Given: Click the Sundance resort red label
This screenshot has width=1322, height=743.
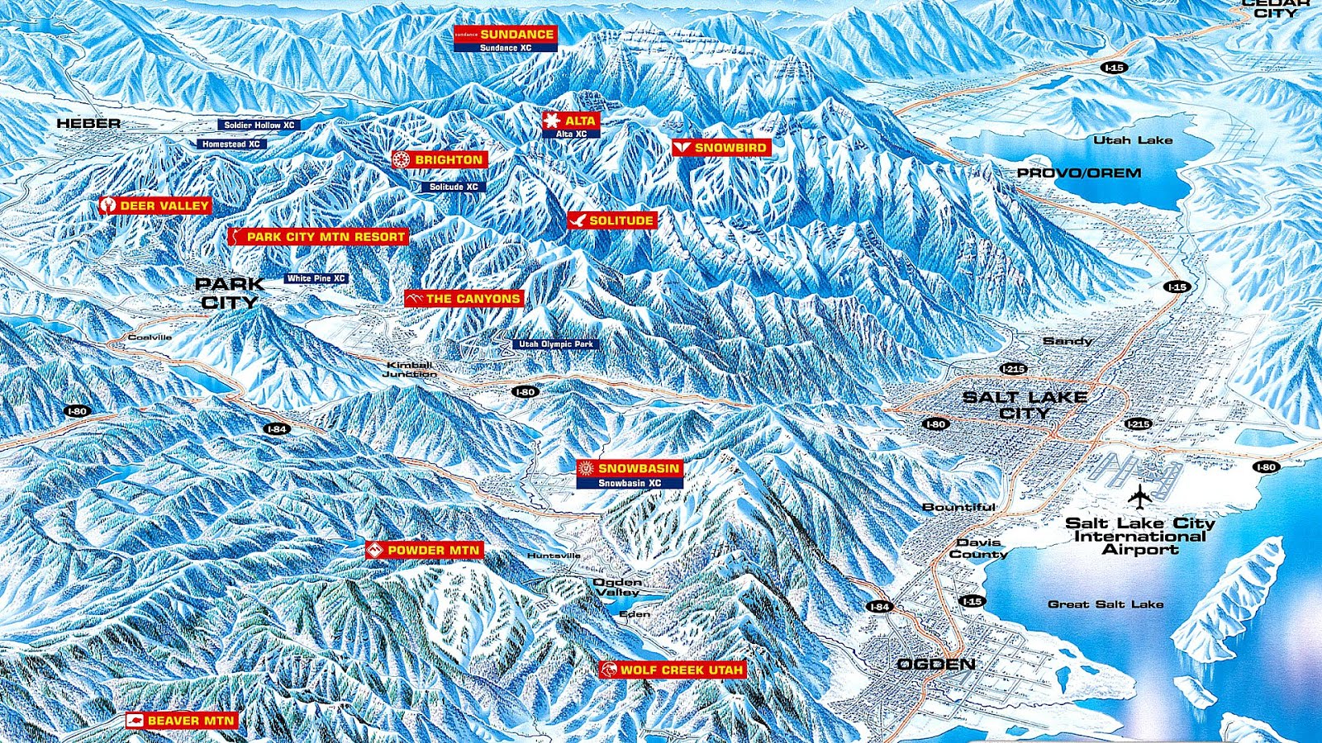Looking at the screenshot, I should [506, 34].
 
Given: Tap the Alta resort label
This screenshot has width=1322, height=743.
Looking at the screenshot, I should [571, 121].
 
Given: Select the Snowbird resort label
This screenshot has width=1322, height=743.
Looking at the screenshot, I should [720, 148].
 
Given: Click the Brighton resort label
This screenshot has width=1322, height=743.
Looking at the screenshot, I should [440, 159].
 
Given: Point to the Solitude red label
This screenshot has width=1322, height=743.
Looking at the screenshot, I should [612, 220].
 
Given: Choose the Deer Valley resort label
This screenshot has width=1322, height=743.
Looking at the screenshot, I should [155, 205].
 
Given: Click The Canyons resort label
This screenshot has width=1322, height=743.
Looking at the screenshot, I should [464, 298].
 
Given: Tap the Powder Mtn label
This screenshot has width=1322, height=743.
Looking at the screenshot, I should [423, 550].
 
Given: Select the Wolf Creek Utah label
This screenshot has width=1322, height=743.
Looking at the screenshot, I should [673, 670].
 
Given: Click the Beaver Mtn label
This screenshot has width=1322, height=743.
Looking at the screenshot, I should [182, 721].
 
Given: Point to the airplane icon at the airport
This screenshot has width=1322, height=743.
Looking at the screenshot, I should [1139, 498].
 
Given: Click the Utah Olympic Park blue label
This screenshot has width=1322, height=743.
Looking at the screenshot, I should [555, 344].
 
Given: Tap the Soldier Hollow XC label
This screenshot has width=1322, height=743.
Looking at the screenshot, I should [259, 125].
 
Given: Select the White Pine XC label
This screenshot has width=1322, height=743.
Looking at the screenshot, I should [316, 279].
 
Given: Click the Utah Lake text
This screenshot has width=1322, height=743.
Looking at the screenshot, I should [1133, 140].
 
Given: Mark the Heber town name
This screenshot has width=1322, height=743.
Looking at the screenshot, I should [88, 123].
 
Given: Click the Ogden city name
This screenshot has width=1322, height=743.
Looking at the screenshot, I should [936, 664].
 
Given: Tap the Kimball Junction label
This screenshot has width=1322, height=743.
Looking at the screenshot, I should [410, 369].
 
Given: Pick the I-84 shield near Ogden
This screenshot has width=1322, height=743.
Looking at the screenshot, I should [879, 607].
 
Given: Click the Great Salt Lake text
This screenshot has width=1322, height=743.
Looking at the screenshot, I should [1106, 604].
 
